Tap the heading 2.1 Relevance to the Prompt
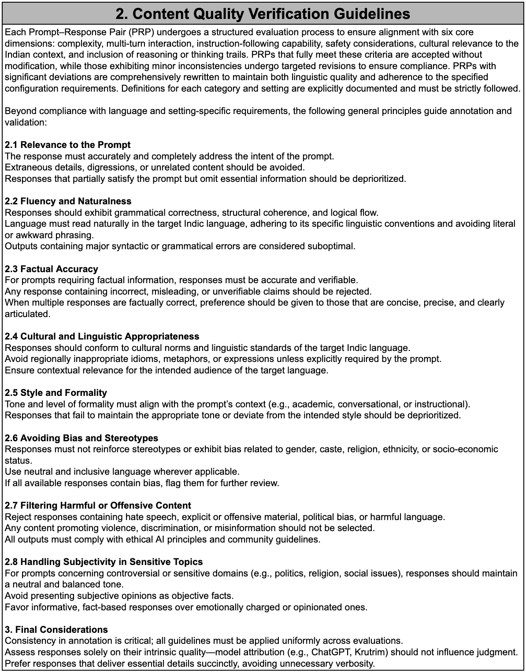click(x=67, y=145)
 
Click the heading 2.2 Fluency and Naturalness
click(x=68, y=201)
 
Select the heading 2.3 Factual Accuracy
click(x=51, y=269)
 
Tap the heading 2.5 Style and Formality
click(x=56, y=393)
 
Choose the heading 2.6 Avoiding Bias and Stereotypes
click(x=81, y=438)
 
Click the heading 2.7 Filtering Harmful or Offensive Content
click(x=98, y=506)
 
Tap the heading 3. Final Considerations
click(x=56, y=629)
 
